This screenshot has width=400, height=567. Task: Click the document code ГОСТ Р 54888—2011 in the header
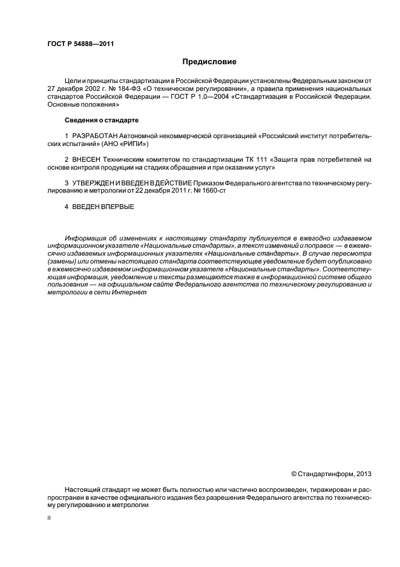[80, 44]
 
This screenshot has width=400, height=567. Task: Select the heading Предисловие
[209, 62]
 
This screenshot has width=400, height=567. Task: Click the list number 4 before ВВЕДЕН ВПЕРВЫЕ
[66, 206]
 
